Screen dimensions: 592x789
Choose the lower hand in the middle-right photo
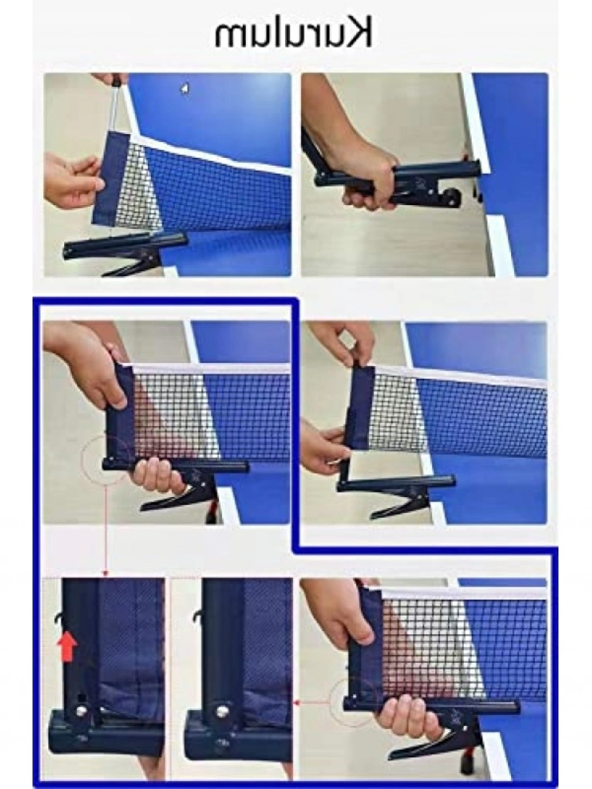(324, 443)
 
